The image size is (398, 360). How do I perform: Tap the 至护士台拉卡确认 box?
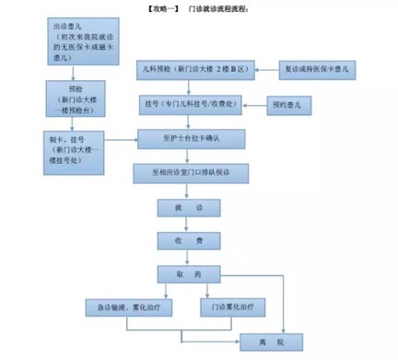click(193, 139)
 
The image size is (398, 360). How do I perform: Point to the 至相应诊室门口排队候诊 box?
click(193, 173)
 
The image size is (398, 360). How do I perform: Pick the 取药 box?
click(193, 273)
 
